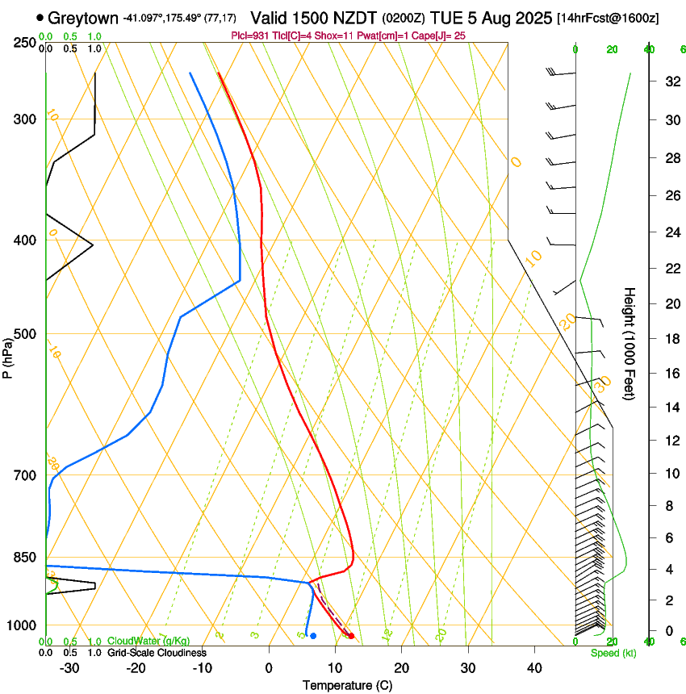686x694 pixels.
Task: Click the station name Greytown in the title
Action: pyautogui.click(x=83, y=18)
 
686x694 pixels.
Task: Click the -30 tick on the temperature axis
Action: pyautogui.click(x=69, y=668)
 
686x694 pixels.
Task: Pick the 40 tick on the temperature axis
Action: pyautogui.click(x=533, y=668)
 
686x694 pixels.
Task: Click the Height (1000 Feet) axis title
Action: pyautogui.click(x=630, y=343)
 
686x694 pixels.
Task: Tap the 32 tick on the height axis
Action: pyautogui.click(x=670, y=81)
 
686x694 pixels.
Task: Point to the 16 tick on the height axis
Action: pyautogui.click(x=670, y=373)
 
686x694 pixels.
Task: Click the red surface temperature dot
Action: pyautogui.click(x=350, y=636)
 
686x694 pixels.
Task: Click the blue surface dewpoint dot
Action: pyautogui.click(x=313, y=636)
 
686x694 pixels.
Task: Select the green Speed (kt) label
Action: pyautogui.click(x=613, y=653)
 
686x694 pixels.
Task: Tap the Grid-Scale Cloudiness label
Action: pyautogui.click(x=157, y=653)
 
